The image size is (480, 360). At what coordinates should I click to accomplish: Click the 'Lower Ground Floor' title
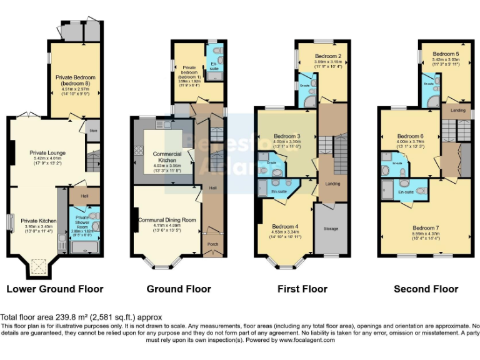pos(54,289)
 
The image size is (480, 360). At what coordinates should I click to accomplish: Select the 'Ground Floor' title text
pos(179,289)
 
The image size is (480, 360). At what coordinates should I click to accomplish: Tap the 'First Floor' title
pos(302,289)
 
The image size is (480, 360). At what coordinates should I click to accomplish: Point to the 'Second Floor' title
pos(426,289)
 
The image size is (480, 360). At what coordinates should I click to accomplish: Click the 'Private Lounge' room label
pos(47,152)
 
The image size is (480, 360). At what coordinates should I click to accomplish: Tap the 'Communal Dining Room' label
pos(166,220)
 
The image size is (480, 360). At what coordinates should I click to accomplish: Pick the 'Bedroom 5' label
pos(446,54)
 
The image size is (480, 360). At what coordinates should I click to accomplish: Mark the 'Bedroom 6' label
pos(410,136)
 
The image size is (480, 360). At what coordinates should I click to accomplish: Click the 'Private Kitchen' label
pos(39,221)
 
